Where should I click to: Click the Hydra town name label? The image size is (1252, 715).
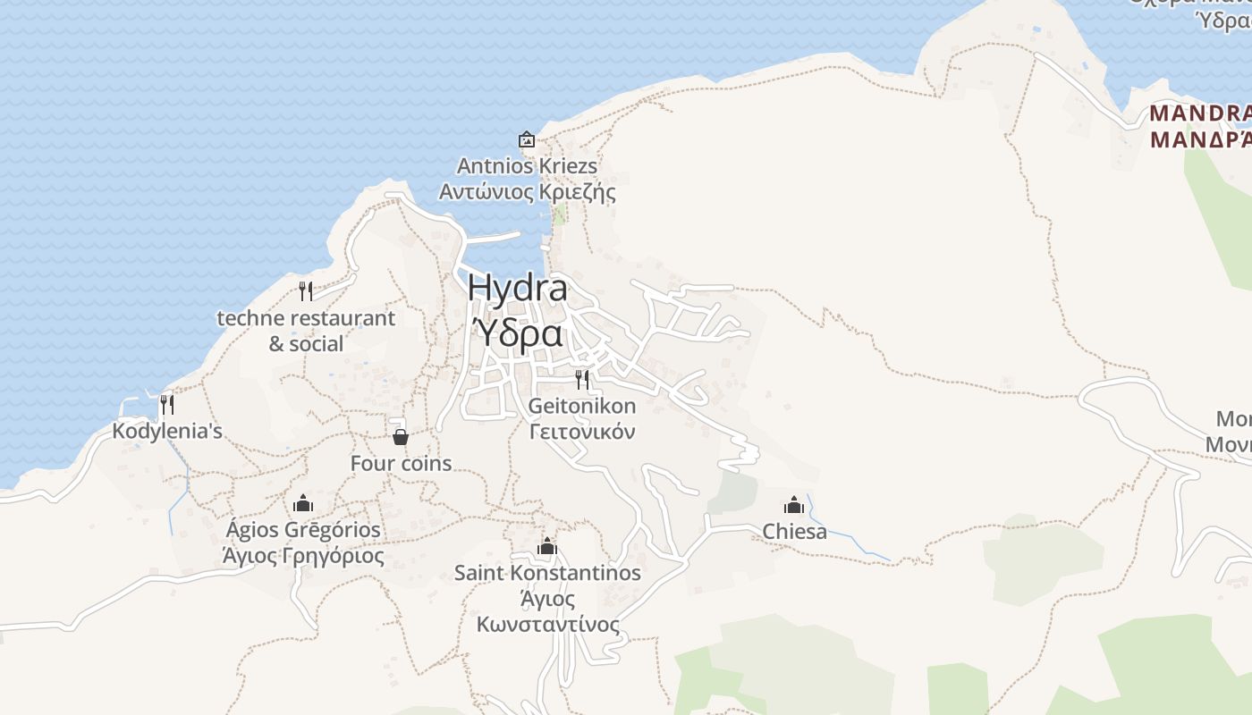point(517,289)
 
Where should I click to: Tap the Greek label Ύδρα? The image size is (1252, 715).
point(517,333)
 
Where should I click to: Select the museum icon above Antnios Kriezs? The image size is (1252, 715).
point(527,139)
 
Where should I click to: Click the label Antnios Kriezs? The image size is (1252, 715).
point(527,166)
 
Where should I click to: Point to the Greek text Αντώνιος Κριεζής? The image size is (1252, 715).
point(527,191)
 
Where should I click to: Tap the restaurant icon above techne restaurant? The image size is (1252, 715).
point(306,290)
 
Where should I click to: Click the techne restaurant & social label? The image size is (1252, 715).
point(306,331)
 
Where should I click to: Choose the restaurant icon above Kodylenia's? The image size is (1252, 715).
point(167,404)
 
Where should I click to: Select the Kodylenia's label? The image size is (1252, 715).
point(167,432)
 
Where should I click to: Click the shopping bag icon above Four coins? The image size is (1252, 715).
point(401,436)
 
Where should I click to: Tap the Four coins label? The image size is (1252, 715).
point(401,464)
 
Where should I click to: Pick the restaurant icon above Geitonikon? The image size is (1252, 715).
point(582,379)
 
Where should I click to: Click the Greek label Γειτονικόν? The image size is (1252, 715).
point(582,433)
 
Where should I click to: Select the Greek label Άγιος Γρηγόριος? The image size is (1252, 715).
point(303,556)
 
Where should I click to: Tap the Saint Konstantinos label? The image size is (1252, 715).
point(547,573)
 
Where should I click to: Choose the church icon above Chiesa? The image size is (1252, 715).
point(794,505)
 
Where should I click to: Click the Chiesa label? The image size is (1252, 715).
point(794,532)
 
